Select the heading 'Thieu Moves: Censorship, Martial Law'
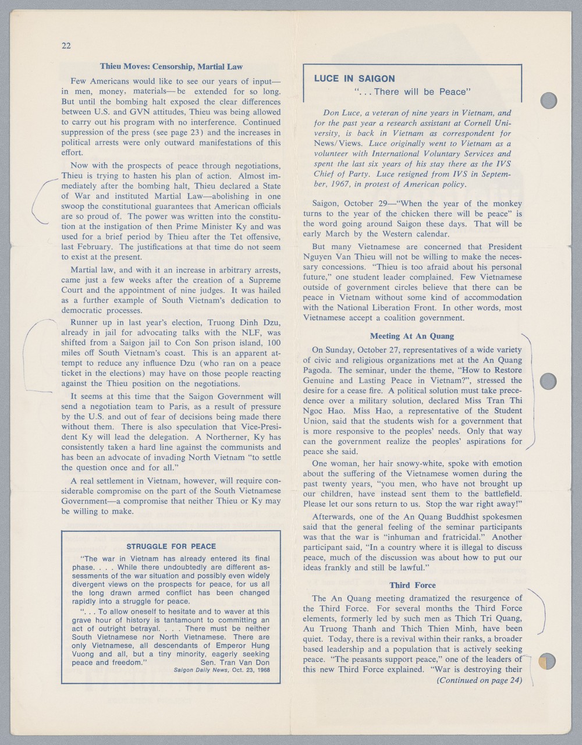(171, 66)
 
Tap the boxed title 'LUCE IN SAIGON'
(354, 79)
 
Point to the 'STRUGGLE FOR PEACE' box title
(171, 546)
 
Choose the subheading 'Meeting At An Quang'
(412, 336)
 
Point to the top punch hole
(549, 101)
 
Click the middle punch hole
(549, 382)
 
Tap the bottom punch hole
(548, 661)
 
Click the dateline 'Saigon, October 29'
(346, 204)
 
